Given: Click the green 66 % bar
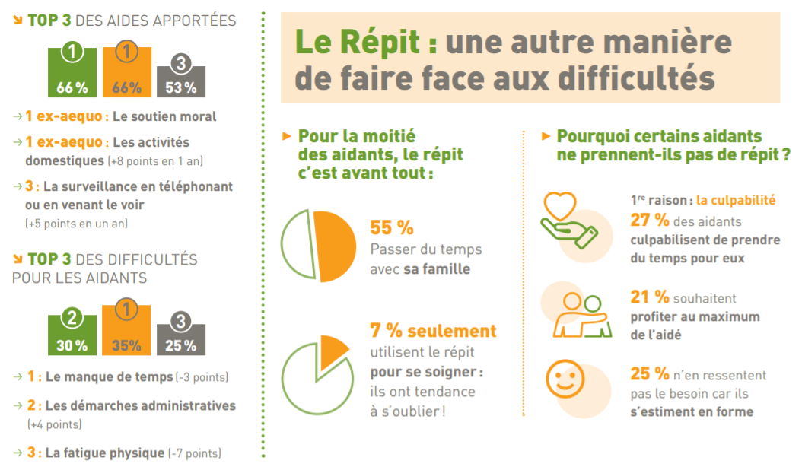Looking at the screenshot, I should coord(72,74).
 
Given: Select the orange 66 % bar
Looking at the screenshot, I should coord(126,74).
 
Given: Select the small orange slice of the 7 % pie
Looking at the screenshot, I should coord(329,350).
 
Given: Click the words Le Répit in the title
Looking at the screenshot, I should coord(358,43).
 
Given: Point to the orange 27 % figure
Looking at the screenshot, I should coord(649,221).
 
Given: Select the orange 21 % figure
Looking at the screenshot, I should coord(649,298).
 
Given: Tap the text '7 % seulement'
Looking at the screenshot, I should coord(433,331).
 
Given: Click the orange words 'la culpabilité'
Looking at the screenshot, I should coord(736,201).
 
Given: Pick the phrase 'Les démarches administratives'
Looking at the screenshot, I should coord(141,405).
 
